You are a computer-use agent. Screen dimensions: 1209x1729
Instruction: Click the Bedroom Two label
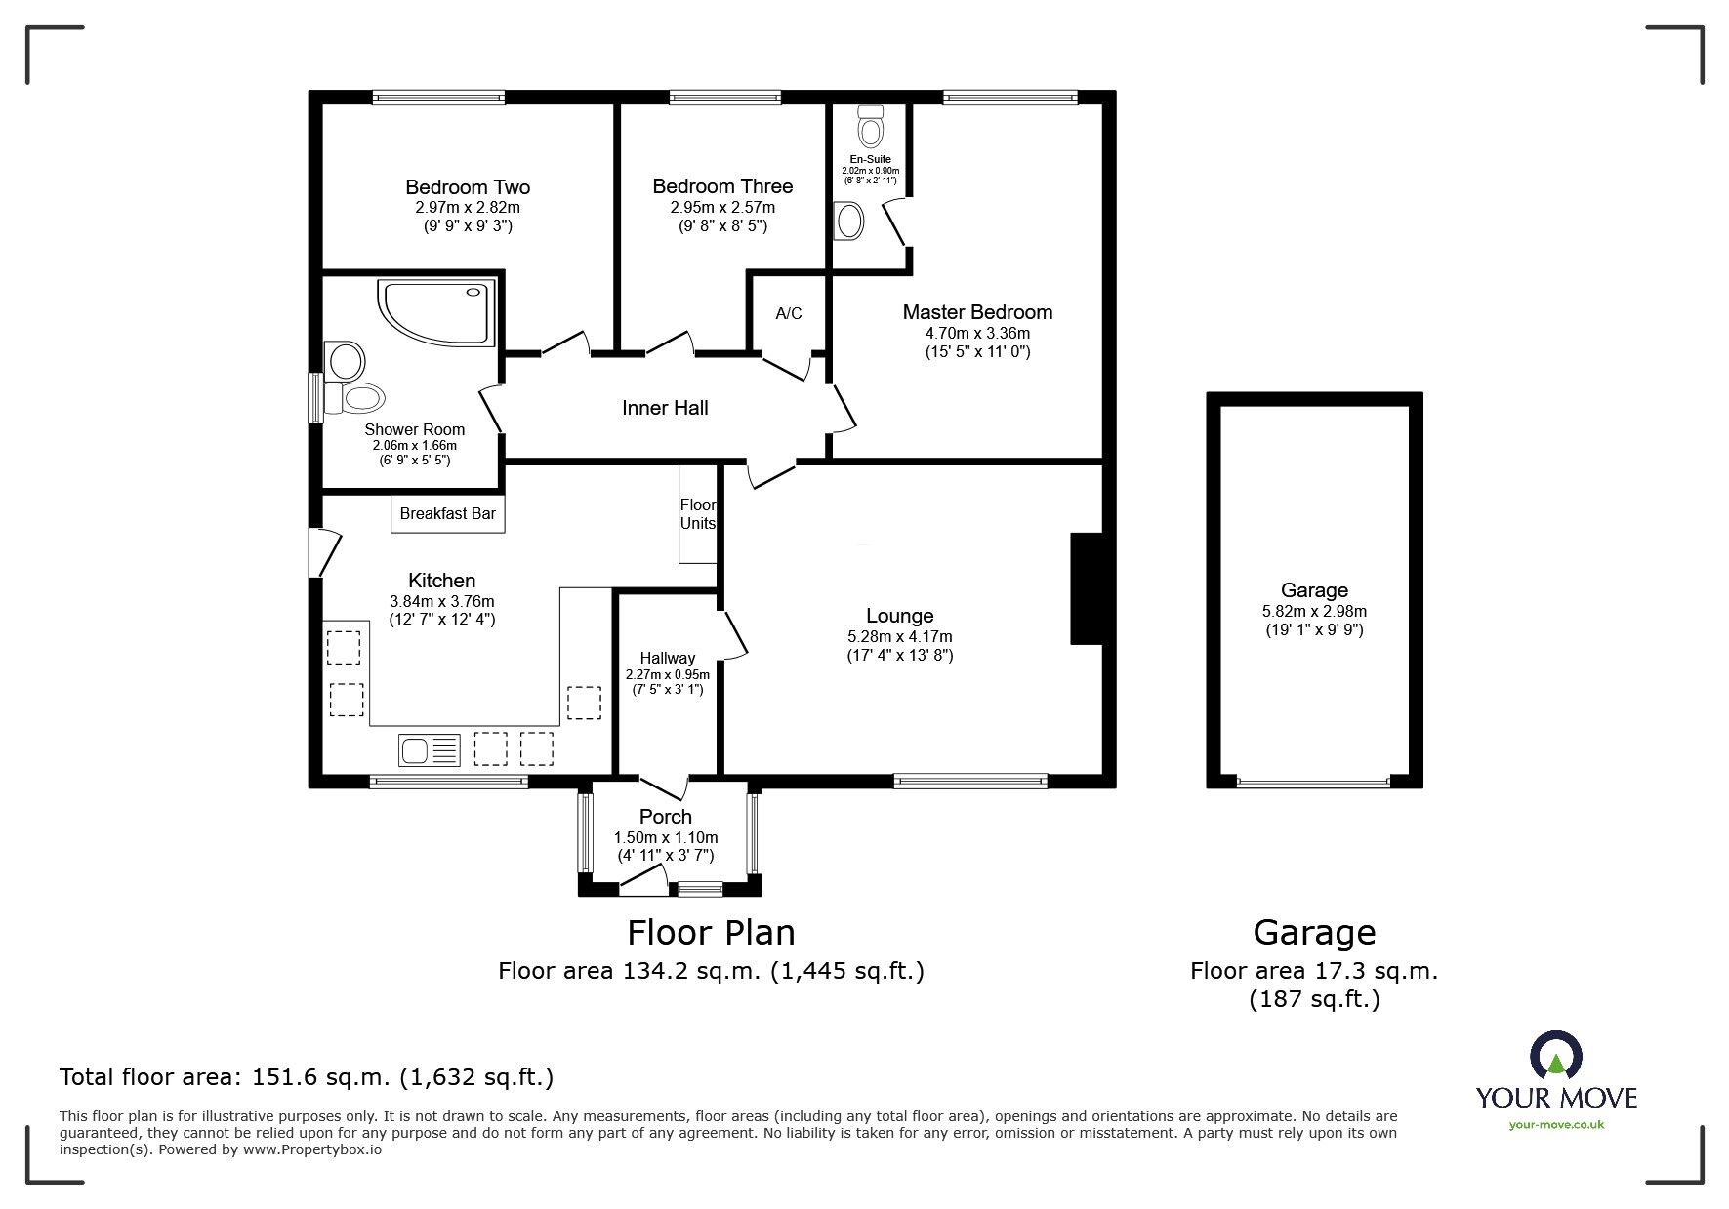pos(468,187)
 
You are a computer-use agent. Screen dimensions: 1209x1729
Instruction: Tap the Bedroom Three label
pos(722,186)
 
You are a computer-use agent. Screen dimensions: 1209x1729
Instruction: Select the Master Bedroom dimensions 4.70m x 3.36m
pos(977,333)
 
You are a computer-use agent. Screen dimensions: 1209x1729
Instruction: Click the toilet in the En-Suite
pos(870,127)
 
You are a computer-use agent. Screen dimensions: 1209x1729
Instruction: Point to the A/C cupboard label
pos(789,313)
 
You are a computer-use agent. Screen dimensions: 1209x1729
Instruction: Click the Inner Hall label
pos(665,408)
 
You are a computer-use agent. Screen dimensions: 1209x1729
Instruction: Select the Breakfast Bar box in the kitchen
pos(448,514)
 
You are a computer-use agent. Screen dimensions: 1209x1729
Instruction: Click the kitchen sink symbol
pos(430,749)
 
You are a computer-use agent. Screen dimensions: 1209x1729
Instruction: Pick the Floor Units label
pos(698,514)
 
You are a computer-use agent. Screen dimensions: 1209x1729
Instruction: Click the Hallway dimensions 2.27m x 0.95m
pos(668,674)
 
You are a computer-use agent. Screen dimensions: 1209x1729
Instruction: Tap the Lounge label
pos(900,616)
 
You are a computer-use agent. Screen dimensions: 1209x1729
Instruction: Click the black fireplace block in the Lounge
pos(1086,588)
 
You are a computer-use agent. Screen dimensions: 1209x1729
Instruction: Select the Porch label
pos(666,817)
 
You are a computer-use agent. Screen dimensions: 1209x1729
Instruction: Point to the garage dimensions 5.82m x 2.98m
pos(1314,612)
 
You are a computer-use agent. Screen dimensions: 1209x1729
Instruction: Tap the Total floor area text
pos(307,1077)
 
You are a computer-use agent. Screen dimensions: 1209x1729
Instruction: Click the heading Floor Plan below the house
pos(711,933)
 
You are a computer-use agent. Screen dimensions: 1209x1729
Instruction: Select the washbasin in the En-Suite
pos(848,222)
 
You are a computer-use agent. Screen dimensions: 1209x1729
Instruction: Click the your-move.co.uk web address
pos(1556,1125)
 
